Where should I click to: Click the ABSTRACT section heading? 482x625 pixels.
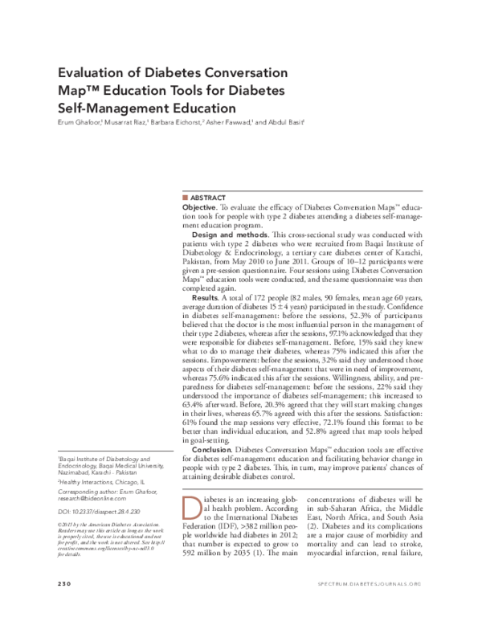(209, 198)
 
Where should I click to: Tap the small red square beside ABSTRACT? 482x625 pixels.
(186, 198)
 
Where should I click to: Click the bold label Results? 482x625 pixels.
(206, 298)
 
